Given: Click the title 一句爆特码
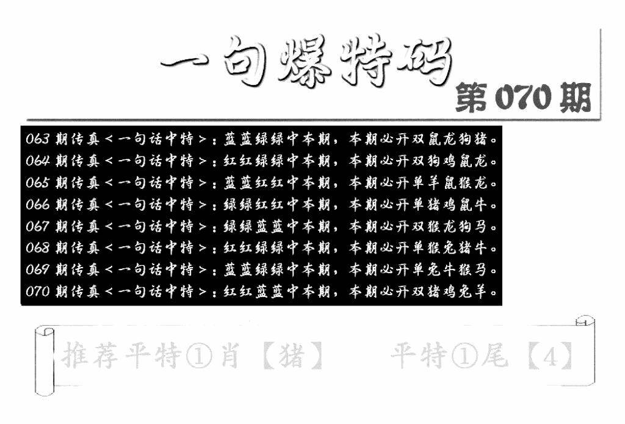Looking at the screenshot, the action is [x=307, y=62].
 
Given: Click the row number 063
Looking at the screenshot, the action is [x=37, y=139].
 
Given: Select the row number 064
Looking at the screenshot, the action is [x=37, y=161].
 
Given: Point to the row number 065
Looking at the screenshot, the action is [x=37, y=183].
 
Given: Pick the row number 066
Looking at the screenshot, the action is [x=37, y=205].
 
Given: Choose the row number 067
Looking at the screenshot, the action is [x=37, y=227].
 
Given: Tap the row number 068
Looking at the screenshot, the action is [x=37, y=248].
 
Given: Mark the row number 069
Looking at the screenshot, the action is [x=37, y=270].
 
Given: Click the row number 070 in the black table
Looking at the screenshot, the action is [x=37, y=291].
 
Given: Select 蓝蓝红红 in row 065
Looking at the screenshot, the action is [x=253, y=183].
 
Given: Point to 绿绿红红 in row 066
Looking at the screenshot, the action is [x=253, y=205].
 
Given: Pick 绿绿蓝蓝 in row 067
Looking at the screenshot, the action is [x=253, y=227].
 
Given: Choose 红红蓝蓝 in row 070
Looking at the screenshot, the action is [x=253, y=291].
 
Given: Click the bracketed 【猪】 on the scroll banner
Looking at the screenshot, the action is [x=293, y=356].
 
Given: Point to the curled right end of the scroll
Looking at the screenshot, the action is [x=586, y=351].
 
